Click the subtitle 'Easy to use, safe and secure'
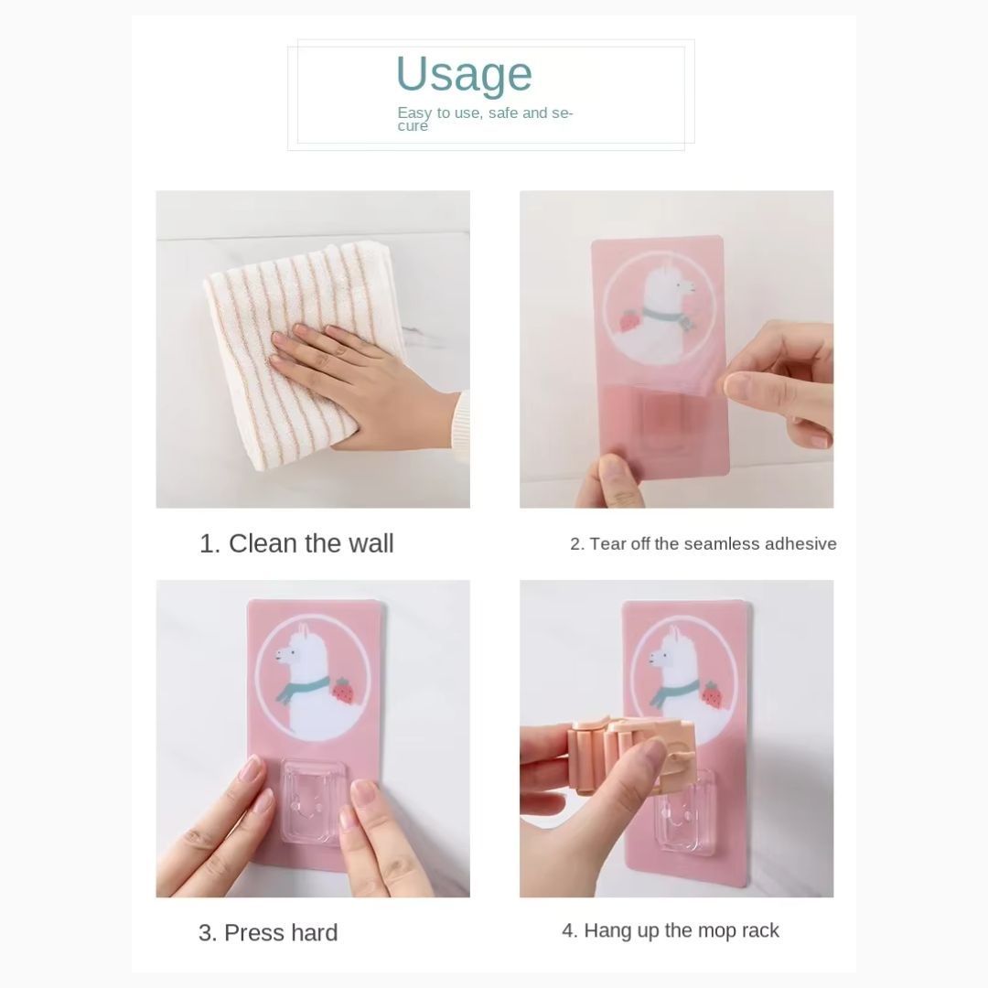(x=485, y=118)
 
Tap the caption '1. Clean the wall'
(x=296, y=543)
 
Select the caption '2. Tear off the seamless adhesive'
(x=703, y=543)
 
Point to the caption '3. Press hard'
(x=268, y=932)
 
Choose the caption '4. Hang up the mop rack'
(x=671, y=930)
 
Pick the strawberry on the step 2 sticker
(x=628, y=321)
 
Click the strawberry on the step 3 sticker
(x=343, y=691)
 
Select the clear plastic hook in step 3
(x=313, y=800)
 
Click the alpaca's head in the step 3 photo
(x=297, y=652)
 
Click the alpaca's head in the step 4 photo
(x=671, y=655)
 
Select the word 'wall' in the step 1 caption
(x=371, y=543)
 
